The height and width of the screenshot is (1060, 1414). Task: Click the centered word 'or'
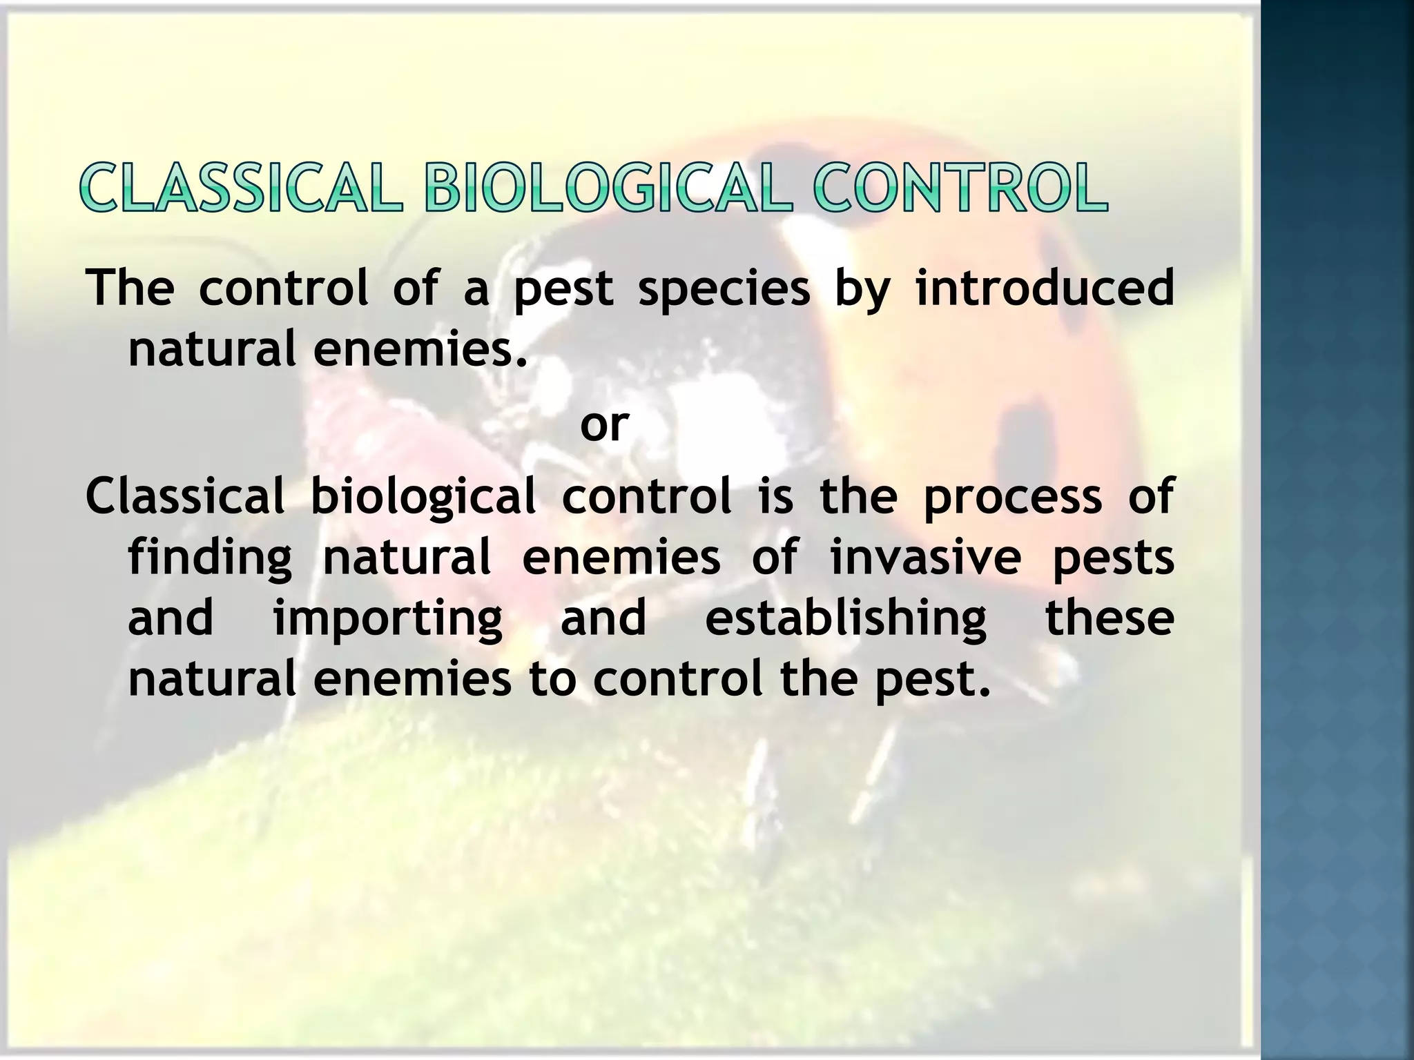click(604, 426)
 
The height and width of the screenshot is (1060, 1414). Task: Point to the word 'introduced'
click(1044, 288)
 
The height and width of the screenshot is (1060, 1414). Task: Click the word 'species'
click(724, 289)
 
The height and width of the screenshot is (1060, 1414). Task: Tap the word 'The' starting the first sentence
click(130, 288)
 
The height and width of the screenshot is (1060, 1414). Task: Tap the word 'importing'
click(388, 619)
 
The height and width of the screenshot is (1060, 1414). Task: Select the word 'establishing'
click(846, 618)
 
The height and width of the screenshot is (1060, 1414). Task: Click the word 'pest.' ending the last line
click(932, 680)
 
